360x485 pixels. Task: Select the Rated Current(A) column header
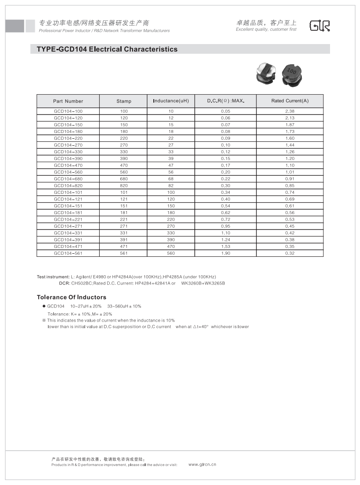289,101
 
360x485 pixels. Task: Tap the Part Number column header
68,101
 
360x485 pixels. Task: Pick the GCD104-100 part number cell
68,111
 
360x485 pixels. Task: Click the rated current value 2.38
289,111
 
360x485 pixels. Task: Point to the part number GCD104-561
68,253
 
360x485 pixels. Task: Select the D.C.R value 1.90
225,253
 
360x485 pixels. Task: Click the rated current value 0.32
289,253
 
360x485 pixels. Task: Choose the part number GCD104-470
68,165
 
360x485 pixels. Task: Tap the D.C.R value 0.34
225,193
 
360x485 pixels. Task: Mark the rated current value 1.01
289,172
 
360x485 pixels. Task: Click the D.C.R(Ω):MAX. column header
225,101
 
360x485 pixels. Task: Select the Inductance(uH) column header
171,101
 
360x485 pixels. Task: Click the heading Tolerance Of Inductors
71,297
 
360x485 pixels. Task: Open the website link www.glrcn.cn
202,464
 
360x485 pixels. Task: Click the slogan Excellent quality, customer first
266,30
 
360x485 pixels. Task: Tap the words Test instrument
53,276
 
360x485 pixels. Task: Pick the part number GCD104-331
68,233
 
